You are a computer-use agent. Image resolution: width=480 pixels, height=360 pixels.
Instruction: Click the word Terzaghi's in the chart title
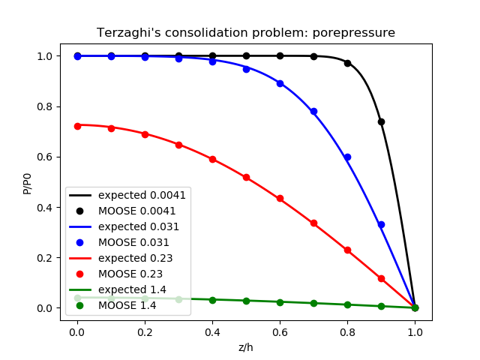coord(123,33)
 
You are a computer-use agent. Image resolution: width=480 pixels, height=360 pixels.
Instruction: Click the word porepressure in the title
coord(359,33)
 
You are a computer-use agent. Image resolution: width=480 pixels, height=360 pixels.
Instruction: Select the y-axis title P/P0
coord(28,182)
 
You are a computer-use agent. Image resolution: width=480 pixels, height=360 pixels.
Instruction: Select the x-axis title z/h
coord(246,347)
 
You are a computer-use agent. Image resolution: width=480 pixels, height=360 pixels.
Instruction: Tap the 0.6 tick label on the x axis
coord(280,331)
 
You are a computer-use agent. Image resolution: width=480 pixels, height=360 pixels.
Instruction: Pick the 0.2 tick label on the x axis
coord(145,331)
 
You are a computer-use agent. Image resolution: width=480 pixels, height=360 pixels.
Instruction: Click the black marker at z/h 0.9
coord(381,121)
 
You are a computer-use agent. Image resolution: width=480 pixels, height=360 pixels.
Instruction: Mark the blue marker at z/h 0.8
coord(347,157)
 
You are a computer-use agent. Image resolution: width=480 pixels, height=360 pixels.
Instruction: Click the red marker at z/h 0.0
coord(77,126)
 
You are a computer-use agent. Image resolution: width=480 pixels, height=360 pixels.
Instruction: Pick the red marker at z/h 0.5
coord(246,178)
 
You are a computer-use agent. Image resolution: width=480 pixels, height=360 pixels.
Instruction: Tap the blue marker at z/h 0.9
coord(381,225)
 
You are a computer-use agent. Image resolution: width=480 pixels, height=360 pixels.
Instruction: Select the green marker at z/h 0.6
coord(280,302)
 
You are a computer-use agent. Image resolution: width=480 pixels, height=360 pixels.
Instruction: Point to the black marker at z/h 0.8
coord(347,63)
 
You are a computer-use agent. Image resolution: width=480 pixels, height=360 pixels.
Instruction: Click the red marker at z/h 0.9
coord(381,278)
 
